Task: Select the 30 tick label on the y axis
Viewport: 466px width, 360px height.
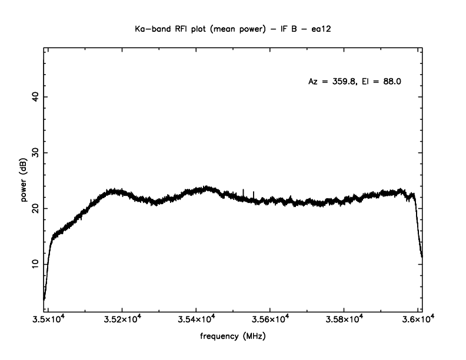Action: (36, 152)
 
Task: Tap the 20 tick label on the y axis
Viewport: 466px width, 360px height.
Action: (36, 208)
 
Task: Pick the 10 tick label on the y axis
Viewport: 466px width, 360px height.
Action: (36, 264)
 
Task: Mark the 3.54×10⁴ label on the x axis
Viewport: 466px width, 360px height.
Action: (196, 319)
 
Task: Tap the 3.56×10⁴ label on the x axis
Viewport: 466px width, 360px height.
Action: (270, 319)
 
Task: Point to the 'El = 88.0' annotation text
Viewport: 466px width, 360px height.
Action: (382, 82)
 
